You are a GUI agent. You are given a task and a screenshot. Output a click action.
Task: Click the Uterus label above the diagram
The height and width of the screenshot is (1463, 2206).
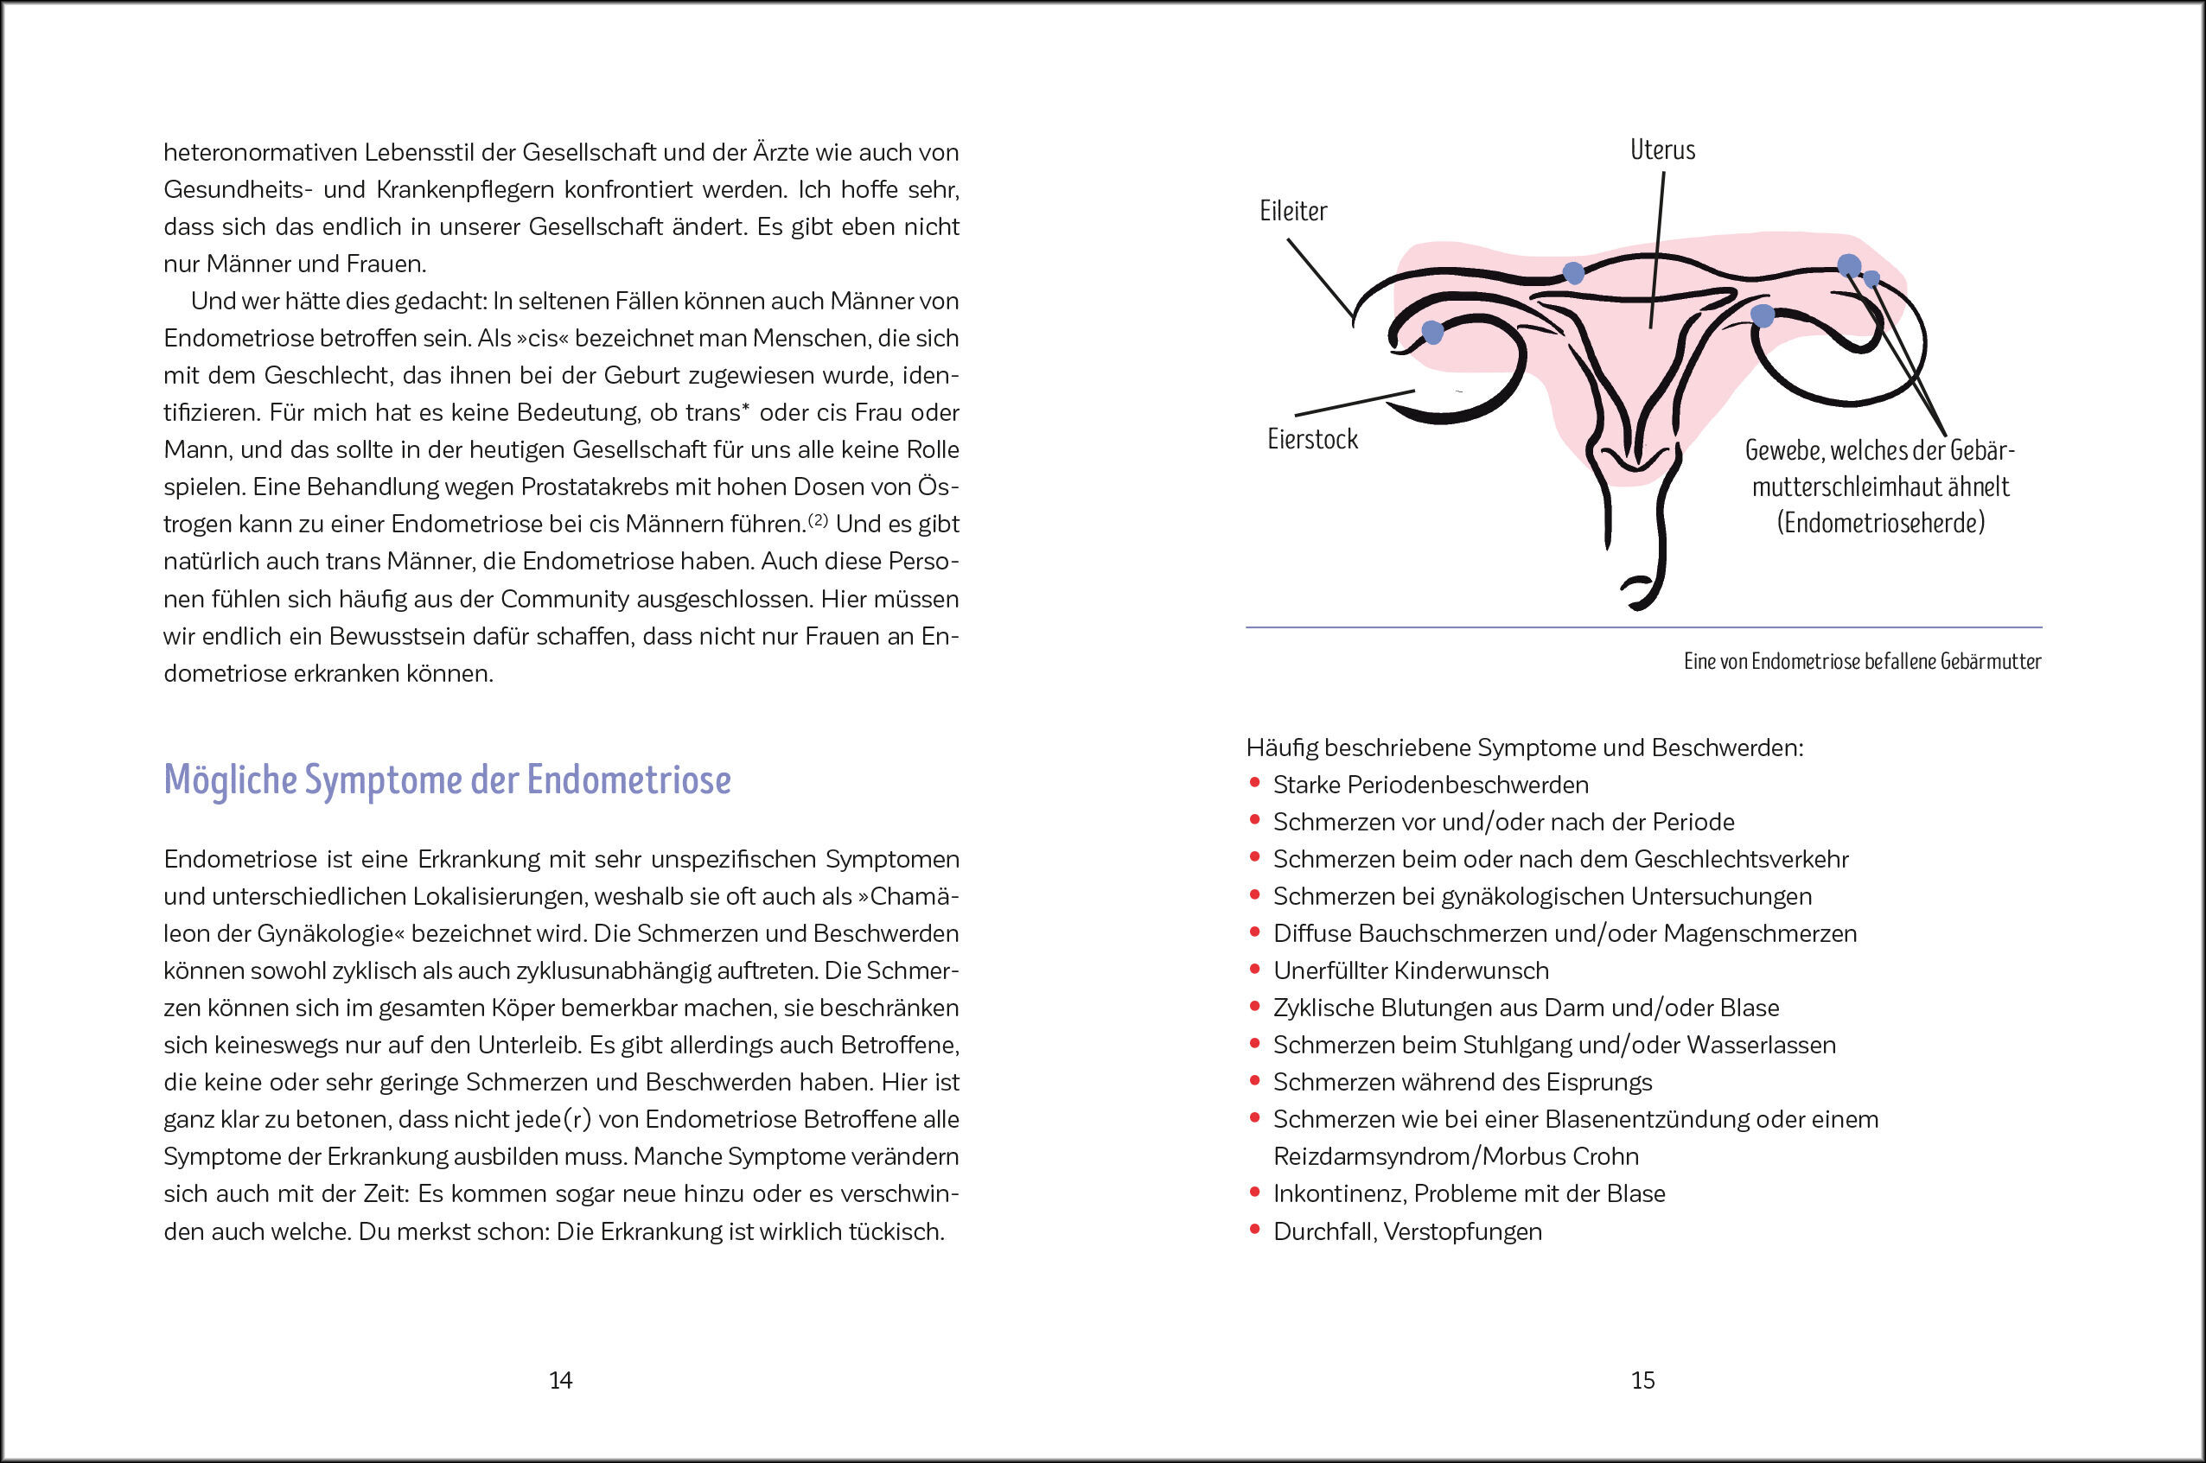pyautogui.click(x=1662, y=150)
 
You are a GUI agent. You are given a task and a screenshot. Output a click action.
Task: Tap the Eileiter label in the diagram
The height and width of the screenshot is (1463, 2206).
pyautogui.click(x=1292, y=211)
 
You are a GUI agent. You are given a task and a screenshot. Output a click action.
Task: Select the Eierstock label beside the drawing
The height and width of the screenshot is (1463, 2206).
pyautogui.click(x=1312, y=440)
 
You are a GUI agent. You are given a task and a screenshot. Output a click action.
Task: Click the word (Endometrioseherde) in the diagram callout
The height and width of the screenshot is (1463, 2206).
pyautogui.click(x=1880, y=523)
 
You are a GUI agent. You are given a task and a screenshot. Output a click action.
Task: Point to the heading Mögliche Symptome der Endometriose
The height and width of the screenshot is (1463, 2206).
pyautogui.click(x=447, y=780)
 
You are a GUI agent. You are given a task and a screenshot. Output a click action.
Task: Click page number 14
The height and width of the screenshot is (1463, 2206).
pyautogui.click(x=560, y=1380)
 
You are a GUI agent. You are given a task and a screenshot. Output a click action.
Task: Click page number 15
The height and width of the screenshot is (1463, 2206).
pyautogui.click(x=1642, y=1380)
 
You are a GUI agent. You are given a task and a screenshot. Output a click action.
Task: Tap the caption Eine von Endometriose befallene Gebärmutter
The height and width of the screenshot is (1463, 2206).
pyautogui.click(x=1862, y=662)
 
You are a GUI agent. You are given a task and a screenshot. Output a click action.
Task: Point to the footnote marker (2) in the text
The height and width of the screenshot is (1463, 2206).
pyautogui.click(x=818, y=519)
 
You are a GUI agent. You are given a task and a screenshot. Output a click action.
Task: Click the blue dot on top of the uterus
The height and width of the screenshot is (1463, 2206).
pyautogui.click(x=1573, y=273)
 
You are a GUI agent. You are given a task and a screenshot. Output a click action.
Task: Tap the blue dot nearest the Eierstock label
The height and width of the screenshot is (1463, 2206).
pyautogui.click(x=1432, y=331)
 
